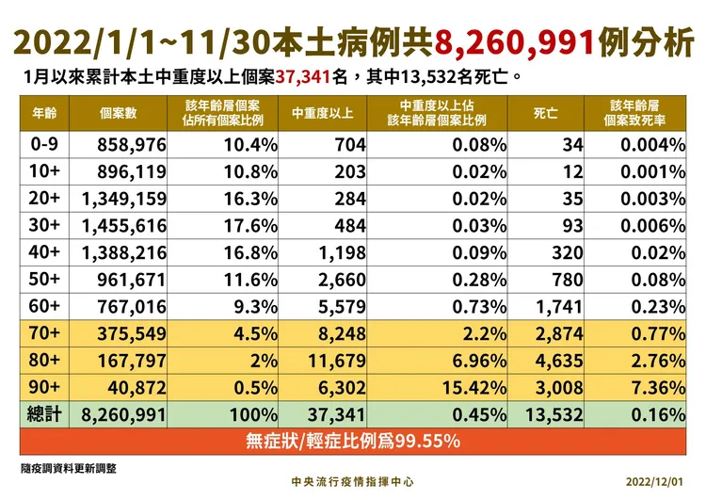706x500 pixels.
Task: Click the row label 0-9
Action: tap(44, 145)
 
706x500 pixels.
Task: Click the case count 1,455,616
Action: tap(124, 226)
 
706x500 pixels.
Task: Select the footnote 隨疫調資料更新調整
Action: tap(69, 466)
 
